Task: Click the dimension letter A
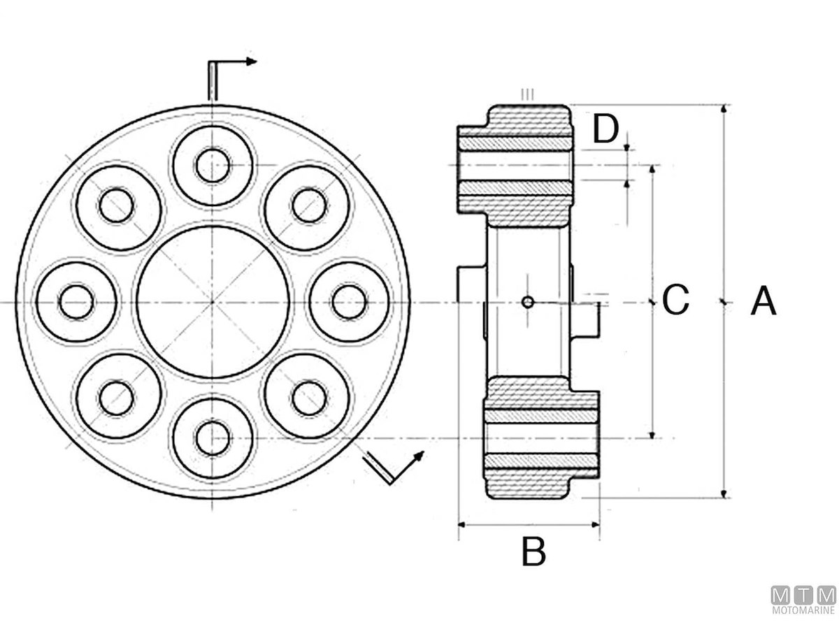[763, 301]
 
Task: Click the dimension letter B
[533, 551]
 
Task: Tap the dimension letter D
[605, 129]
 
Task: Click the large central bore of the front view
[213, 302]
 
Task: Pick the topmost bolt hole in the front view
[213, 166]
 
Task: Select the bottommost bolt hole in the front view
[213, 438]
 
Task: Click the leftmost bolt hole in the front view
[76, 302]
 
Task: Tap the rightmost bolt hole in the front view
[350, 302]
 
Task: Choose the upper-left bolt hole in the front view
[117, 205]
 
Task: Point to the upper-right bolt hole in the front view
[309, 205]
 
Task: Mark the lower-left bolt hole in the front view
[117, 398]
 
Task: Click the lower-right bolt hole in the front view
[309, 398]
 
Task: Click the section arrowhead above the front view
[250, 62]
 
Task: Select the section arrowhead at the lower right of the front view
[419, 456]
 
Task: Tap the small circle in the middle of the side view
[528, 302]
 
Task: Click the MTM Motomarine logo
[803, 600]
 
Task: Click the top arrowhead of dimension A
[723, 109]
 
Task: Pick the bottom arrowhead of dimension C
[652, 434]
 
